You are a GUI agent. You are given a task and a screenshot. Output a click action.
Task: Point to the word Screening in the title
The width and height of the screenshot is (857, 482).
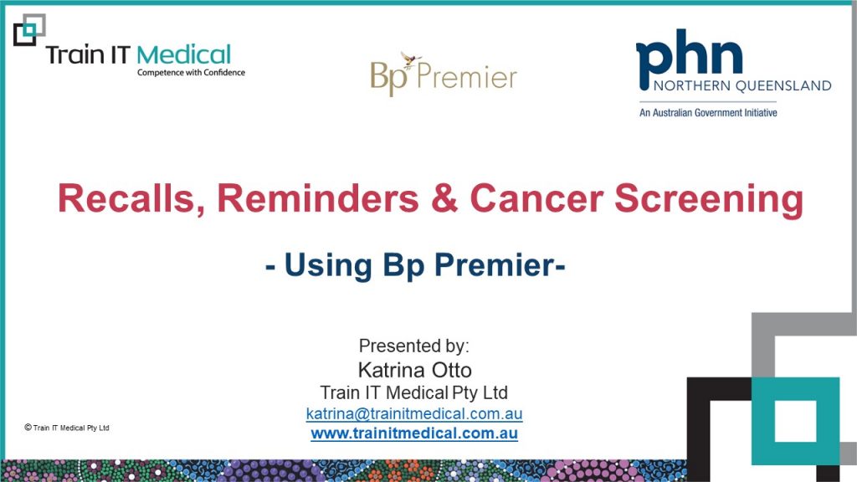[709, 200]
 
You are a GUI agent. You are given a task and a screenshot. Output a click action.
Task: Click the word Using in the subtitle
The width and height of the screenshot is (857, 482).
[328, 266]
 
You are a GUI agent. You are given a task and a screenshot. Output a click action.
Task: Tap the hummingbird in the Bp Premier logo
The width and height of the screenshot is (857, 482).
[410, 58]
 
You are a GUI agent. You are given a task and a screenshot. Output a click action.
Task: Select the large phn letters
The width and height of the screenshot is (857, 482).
[690, 59]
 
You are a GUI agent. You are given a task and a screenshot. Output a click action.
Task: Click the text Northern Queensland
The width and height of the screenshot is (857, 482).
[742, 86]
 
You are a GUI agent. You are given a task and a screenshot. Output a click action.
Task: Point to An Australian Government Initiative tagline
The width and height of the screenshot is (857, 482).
[708, 113]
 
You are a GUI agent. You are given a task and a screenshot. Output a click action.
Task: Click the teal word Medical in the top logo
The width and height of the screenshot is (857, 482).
[183, 54]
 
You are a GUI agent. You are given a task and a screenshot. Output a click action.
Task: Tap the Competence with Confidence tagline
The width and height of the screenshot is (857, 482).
[191, 73]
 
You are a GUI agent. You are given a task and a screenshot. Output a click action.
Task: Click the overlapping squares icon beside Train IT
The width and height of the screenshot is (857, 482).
[29, 30]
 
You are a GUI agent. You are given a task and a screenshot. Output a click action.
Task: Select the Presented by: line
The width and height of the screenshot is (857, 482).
[413, 346]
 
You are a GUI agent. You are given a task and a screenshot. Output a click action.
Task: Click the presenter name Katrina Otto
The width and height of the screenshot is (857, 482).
[414, 370]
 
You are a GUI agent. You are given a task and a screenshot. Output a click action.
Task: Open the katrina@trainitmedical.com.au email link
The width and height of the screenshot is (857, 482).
[413, 413]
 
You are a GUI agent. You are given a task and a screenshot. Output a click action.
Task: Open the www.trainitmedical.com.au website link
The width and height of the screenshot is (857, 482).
[413, 433]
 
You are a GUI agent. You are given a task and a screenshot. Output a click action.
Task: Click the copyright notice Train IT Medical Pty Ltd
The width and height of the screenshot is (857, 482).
[67, 428]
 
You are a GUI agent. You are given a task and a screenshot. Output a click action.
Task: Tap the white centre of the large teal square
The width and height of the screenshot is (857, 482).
[795, 421]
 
